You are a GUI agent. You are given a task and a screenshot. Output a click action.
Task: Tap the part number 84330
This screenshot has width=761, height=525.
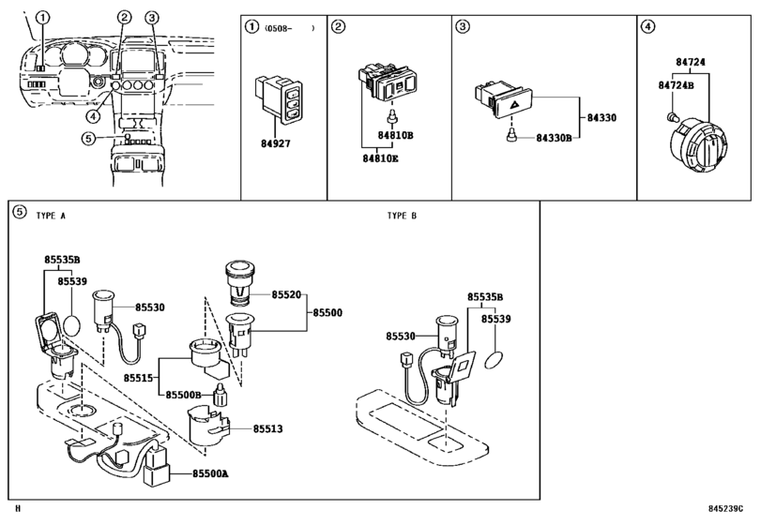(601, 118)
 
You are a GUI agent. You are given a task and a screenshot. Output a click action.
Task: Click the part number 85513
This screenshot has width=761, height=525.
(267, 428)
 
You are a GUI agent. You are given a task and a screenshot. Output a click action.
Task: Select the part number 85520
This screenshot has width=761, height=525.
(286, 293)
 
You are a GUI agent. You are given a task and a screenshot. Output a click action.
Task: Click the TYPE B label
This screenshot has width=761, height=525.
(401, 216)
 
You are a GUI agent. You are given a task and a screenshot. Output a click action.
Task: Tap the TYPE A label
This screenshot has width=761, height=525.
(51, 216)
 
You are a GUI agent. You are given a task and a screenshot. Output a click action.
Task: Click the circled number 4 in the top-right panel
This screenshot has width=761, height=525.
(647, 26)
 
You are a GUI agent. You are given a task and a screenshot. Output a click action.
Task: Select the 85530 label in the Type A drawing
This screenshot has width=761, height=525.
(149, 307)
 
